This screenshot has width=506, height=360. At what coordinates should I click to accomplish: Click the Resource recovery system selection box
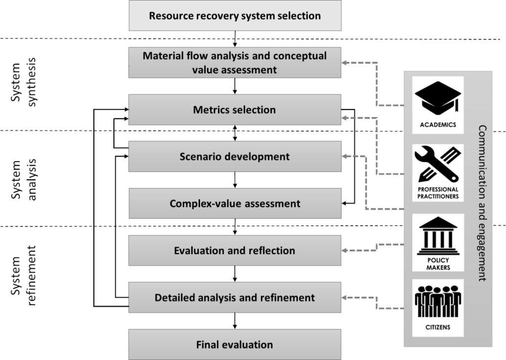235,15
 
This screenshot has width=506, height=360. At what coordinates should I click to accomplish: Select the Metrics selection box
235,110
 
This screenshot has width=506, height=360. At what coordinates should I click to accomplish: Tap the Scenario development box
235,157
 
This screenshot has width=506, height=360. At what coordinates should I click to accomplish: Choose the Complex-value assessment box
235,203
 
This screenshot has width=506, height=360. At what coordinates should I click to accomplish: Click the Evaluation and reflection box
235,250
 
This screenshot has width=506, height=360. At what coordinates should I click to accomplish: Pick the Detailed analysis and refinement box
235,298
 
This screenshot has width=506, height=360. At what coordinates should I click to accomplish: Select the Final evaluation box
235,344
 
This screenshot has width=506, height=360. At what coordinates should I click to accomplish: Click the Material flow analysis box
235,62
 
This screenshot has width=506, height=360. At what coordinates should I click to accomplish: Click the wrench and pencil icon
438,165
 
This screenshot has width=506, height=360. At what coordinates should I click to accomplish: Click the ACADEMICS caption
438,125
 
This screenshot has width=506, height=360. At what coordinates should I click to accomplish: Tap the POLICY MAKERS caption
438,264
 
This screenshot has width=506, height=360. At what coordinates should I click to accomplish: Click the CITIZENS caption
438,327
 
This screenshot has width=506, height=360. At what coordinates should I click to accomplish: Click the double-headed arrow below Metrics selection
235,133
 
